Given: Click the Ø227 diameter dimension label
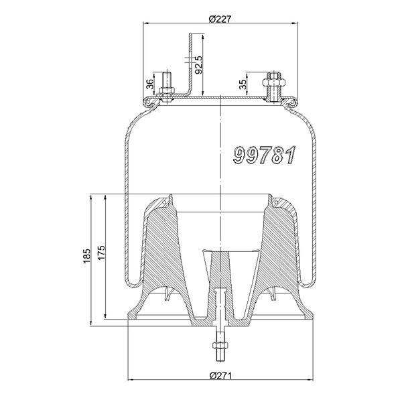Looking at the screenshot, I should click(x=220, y=18).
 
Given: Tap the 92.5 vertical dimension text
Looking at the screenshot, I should click(x=199, y=66).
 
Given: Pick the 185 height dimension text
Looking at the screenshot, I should click(x=86, y=257).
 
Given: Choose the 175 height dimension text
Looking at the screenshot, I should click(x=101, y=257).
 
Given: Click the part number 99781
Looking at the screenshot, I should click(x=264, y=155).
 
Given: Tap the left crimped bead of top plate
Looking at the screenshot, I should click(x=148, y=102).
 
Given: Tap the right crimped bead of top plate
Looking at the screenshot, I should click(x=292, y=102).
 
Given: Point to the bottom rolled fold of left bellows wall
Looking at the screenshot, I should click(x=132, y=277).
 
